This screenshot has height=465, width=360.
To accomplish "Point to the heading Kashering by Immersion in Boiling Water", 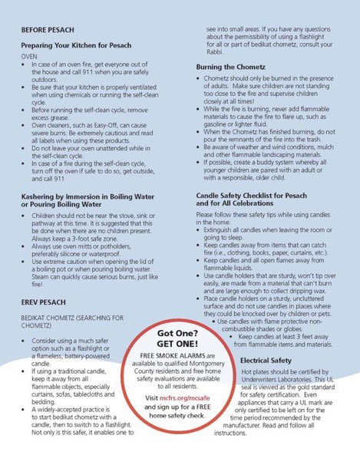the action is tap(91, 197).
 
